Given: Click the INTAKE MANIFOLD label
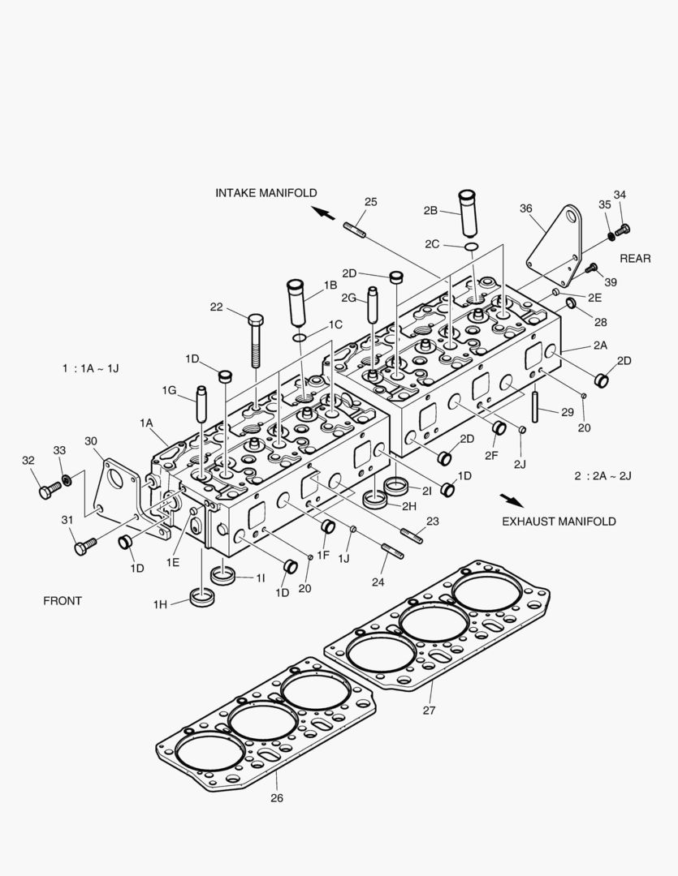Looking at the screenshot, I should (266, 193).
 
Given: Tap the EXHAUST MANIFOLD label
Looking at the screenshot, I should (558, 521).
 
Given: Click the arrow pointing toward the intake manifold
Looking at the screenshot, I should (323, 213).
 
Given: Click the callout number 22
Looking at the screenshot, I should (216, 307).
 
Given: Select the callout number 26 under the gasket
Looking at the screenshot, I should (276, 797).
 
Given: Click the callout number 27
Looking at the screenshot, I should (428, 711).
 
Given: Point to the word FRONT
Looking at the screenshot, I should (63, 601).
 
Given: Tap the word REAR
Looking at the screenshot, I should (635, 259).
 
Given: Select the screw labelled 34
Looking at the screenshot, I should (624, 230).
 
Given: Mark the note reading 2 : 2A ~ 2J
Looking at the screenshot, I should (602, 474).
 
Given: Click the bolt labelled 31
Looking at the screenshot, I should (85, 547).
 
